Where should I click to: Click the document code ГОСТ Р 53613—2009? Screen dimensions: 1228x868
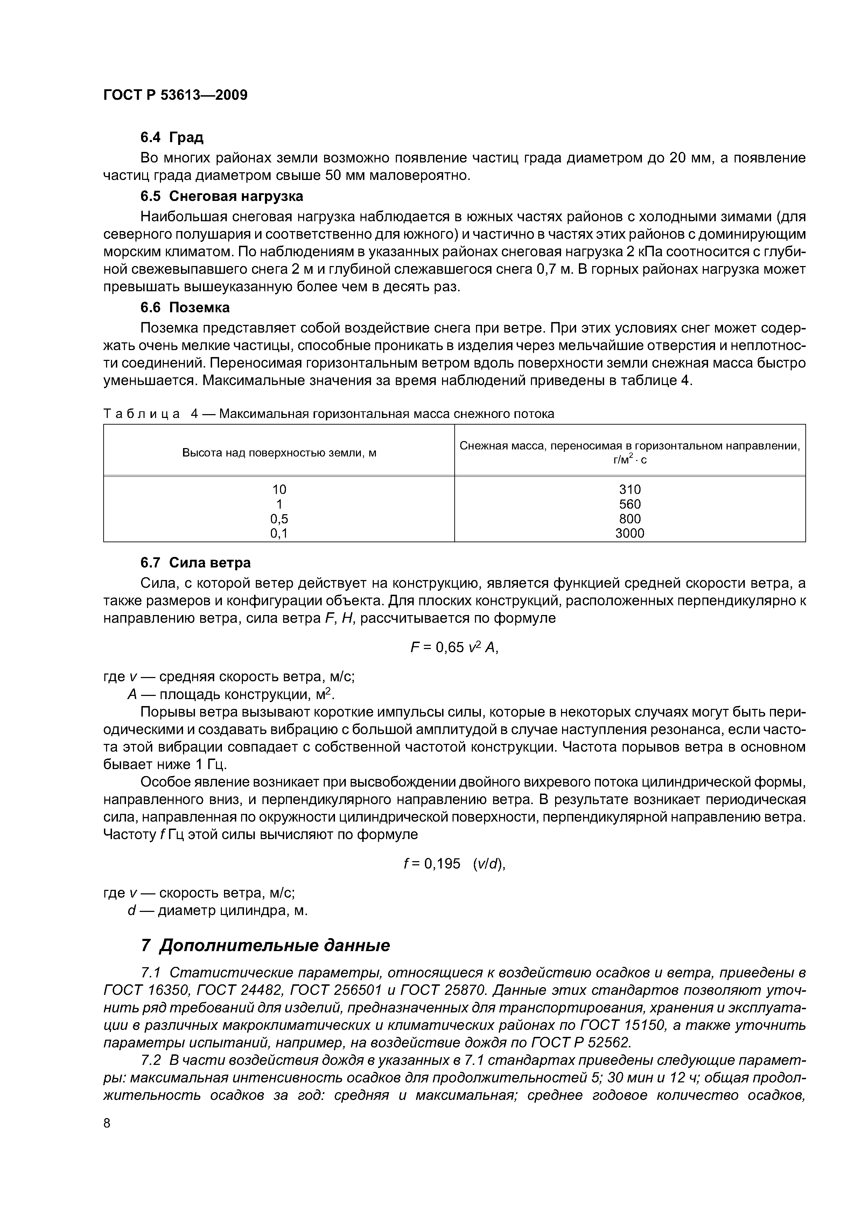(x=175, y=95)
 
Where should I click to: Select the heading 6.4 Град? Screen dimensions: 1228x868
(x=171, y=138)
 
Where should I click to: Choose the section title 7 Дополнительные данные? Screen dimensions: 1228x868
(x=265, y=945)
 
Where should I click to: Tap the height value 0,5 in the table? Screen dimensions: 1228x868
(x=279, y=519)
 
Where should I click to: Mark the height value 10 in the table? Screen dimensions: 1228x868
(x=279, y=489)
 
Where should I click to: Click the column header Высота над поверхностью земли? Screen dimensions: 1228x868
(x=279, y=453)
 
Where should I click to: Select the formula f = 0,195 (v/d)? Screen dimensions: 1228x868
(x=454, y=864)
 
